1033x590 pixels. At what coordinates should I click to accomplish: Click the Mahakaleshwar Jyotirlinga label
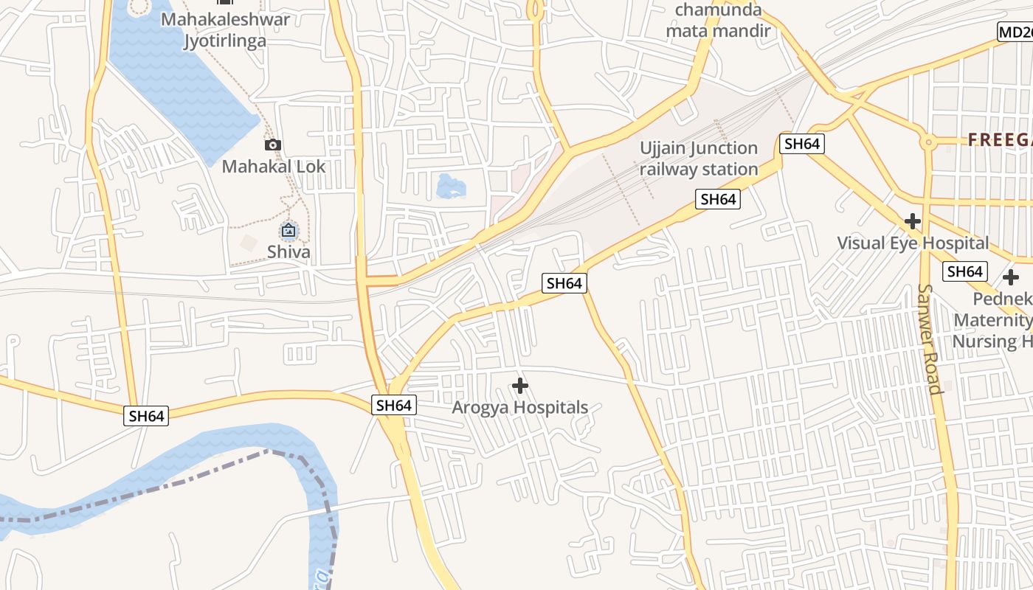coord(225,29)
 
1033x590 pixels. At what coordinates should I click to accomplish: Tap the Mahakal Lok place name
coord(273,167)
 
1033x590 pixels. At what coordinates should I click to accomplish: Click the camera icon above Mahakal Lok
coord(273,145)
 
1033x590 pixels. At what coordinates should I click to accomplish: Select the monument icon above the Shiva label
coord(289,231)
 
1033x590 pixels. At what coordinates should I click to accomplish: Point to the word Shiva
coord(289,252)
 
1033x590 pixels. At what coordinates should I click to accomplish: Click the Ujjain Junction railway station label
coord(698,159)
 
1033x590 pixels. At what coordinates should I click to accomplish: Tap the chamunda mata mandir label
coord(717,21)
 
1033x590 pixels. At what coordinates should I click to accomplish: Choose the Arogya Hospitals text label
coord(519,407)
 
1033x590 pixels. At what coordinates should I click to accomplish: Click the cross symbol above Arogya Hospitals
coord(520,386)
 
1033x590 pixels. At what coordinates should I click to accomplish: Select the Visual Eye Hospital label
coord(913,243)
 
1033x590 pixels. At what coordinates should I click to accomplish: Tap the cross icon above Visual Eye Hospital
coord(913,221)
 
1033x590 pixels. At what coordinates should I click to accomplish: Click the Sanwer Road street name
coord(930,339)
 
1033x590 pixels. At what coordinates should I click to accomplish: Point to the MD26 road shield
coord(1015,32)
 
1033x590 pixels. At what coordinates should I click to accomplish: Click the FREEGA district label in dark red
coord(999,139)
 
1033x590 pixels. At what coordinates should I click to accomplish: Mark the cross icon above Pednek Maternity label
coord(1010,278)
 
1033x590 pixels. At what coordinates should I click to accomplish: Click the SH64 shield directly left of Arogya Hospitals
coord(393,405)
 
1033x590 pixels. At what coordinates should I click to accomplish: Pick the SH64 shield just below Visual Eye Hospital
coord(964,271)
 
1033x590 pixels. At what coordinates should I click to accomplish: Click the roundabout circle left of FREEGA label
coord(928,141)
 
